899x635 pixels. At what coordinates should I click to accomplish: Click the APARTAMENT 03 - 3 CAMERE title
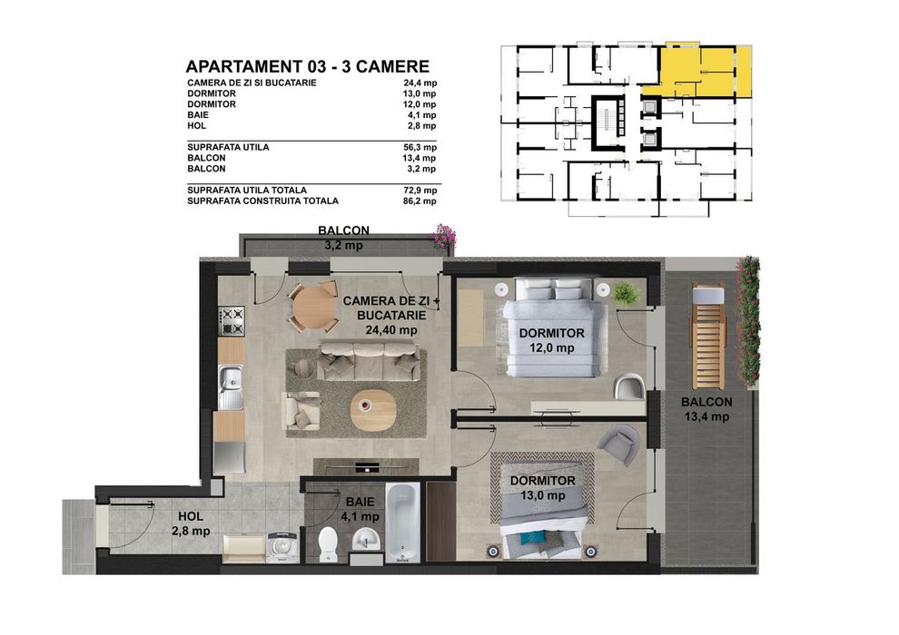(x=307, y=66)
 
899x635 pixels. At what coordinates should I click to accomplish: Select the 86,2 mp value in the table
(x=420, y=200)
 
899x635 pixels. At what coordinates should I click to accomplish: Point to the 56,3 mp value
(x=420, y=147)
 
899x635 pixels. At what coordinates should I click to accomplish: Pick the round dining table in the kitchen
(x=312, y=308)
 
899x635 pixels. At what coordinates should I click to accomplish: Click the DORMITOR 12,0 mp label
(x=551, y=340)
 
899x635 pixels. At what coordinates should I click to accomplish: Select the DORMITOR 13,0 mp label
(x=542, y=488)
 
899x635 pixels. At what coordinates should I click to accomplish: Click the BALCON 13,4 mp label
(x=707, y=409)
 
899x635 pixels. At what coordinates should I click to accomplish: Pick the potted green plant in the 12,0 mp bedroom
(x=625, y=293)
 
